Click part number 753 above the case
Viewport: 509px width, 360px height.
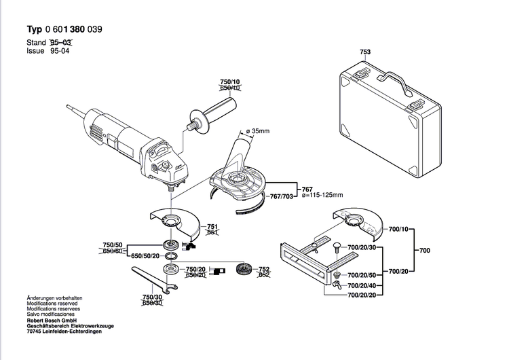[365, 51]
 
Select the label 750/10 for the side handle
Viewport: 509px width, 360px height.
[230, 82]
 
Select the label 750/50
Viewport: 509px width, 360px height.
[113, 245]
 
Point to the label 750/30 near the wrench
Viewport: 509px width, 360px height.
[152, 297]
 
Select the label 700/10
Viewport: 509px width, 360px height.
[399, 231]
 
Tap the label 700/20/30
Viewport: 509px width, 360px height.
[362, 249]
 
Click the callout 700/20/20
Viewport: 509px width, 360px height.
[362, 296]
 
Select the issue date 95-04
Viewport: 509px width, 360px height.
[60, 51]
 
